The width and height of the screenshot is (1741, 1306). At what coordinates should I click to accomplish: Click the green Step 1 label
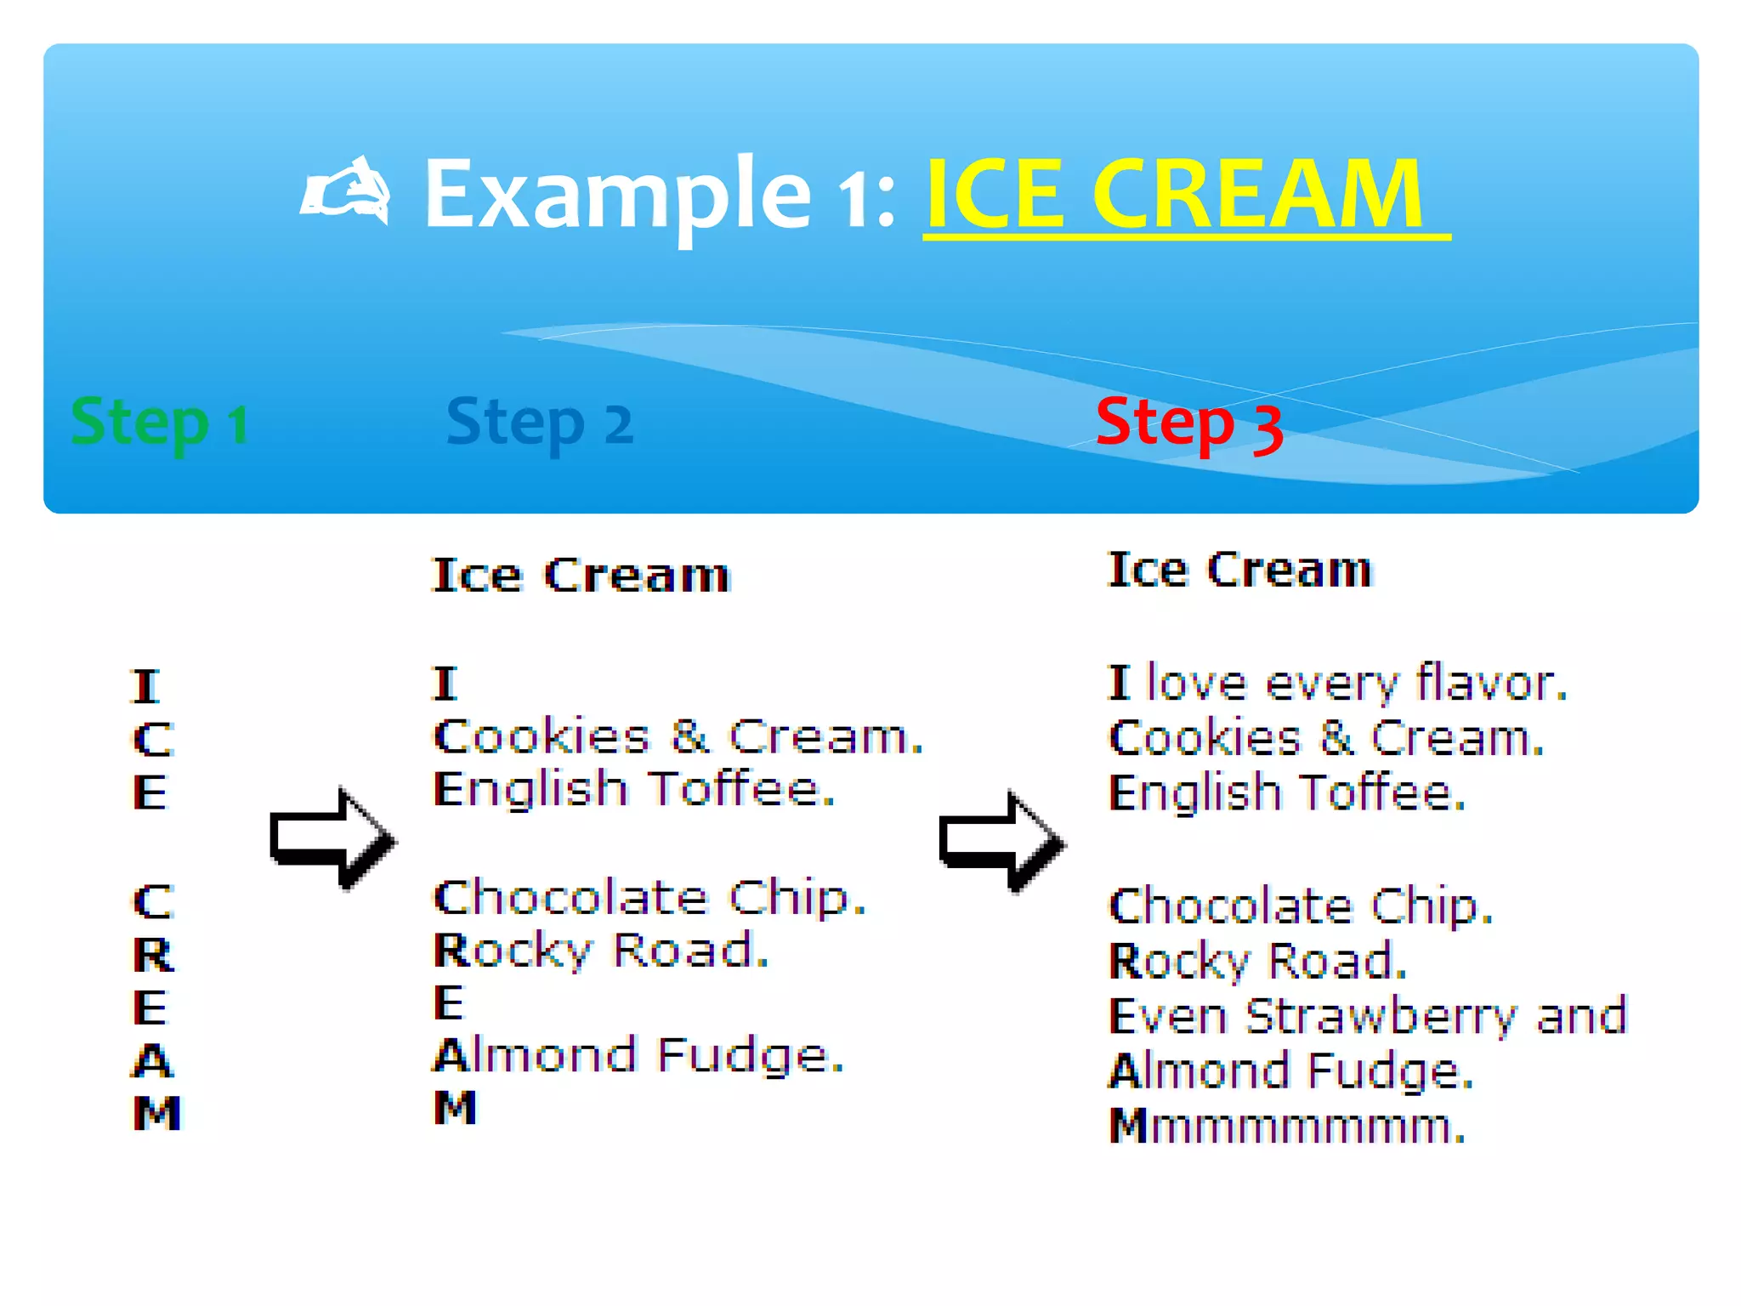(160, 423)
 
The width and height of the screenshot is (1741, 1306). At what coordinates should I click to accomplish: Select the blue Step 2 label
(539, 423)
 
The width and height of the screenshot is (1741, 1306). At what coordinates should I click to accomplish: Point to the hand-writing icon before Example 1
(347, 192)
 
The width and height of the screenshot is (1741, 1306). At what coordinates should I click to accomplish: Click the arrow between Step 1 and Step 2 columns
(332, 838)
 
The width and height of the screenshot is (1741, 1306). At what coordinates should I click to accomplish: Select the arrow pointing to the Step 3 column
(1001, 841)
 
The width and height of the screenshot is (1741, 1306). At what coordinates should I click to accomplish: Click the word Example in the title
(617, 195)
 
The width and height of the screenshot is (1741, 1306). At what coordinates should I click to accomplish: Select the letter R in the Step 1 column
(153, 955)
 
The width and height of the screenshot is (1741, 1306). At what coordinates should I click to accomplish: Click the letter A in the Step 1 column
(153, 1060)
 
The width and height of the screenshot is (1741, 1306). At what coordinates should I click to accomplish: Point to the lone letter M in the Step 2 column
(455, 1108)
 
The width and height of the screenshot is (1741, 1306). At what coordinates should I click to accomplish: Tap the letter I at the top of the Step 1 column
(145, 686)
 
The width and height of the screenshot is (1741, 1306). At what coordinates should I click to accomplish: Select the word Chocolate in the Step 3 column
(1230, 906)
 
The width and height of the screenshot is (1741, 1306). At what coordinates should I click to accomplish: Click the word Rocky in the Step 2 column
(512, 951)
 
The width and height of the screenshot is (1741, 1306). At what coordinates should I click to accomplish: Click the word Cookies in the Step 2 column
(542, 736)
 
